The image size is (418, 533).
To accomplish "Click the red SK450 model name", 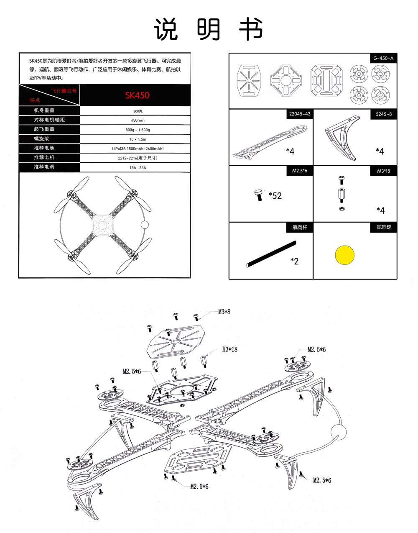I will click(137, 95).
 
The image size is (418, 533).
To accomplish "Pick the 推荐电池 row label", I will click(44, 148).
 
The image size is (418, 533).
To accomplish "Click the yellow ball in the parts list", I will click(345, 255).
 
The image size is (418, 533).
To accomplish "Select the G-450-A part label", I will click(382, 58).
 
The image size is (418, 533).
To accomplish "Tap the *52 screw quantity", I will click(275, 195).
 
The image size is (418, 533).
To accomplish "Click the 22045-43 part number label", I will click(300, 114).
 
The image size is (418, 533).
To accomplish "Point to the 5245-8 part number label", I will click(384, 114).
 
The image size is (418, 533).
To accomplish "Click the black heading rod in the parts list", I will click(271, 254).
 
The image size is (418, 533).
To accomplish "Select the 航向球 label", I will click(384, 227).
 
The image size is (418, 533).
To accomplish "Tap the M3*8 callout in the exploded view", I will click(224, 312).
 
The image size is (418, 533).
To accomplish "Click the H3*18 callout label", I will click(229, 349).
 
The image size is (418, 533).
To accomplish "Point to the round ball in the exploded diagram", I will click(339, 432).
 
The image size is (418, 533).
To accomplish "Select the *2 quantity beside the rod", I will click(295, 261).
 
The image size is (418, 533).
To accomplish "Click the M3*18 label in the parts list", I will click(383, 171).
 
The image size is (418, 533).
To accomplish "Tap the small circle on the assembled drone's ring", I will click(145, 225).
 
